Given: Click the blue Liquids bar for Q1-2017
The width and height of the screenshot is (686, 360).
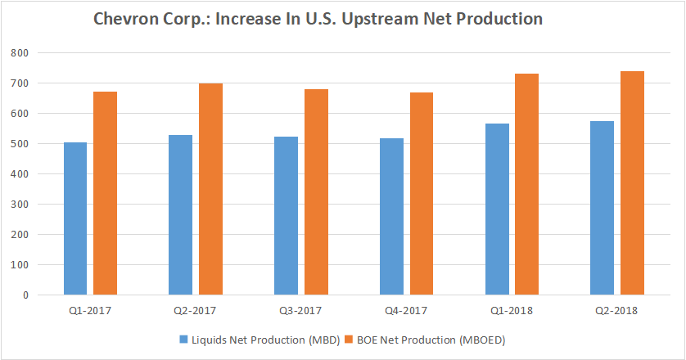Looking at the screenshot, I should click(75, 218).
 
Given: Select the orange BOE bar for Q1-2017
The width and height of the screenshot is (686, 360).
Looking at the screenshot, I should click(105, 193).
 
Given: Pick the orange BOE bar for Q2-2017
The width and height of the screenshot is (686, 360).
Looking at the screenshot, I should click(210, 189).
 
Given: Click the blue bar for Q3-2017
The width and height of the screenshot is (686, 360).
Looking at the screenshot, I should click(287, 215).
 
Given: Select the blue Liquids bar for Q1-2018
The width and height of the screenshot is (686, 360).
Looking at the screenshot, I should click(497, 209).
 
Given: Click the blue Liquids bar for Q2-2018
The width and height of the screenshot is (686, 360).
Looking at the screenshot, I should click(603, 208).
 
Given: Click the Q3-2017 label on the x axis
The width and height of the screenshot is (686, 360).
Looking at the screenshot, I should click(300, 311).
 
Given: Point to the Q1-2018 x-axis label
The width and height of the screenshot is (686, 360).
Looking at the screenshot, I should click(512, 311).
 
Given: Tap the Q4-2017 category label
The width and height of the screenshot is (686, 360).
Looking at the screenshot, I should click(406, 311).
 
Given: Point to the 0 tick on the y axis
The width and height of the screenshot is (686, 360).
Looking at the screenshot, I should click(25, 295).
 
